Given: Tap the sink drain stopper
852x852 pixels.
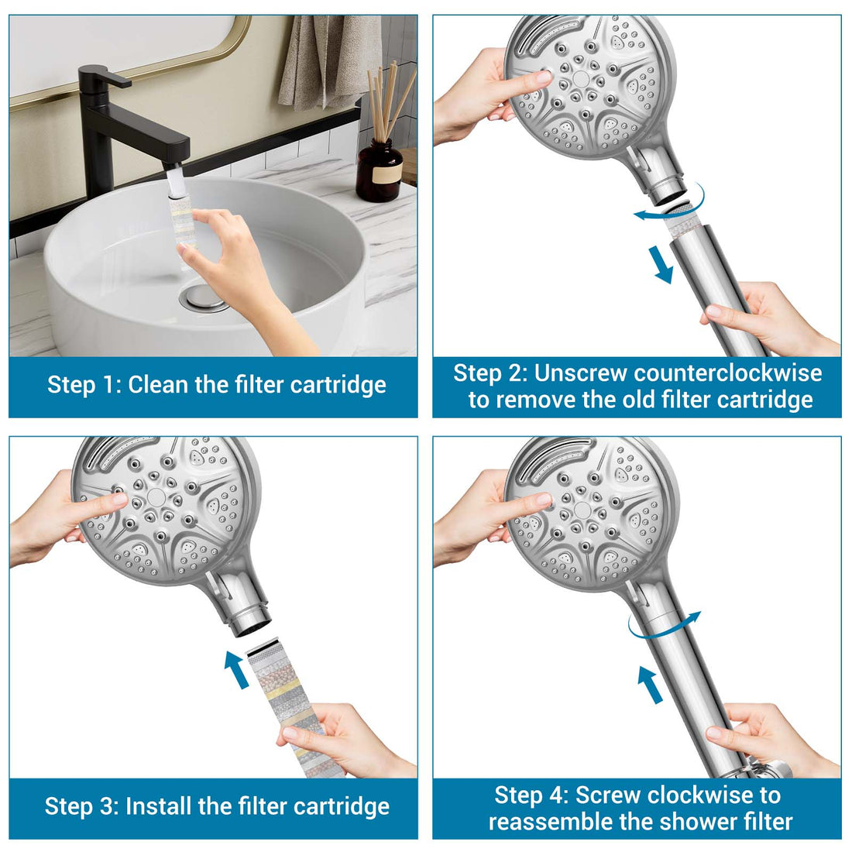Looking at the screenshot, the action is [204, 300].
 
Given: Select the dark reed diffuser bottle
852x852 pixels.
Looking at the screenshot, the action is [380, 170].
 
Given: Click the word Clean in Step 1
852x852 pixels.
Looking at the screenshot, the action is [158, 385].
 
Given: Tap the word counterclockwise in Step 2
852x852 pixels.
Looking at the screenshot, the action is [727, 373].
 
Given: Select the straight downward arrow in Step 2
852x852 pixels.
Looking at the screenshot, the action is [662, 264].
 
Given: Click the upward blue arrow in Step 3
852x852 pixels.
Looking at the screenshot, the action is [237, 669].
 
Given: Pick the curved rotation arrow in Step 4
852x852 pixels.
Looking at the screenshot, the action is [664, 625].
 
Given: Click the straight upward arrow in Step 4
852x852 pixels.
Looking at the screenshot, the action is [650, 685].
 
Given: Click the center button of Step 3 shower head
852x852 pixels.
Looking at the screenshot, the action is [156, 497].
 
